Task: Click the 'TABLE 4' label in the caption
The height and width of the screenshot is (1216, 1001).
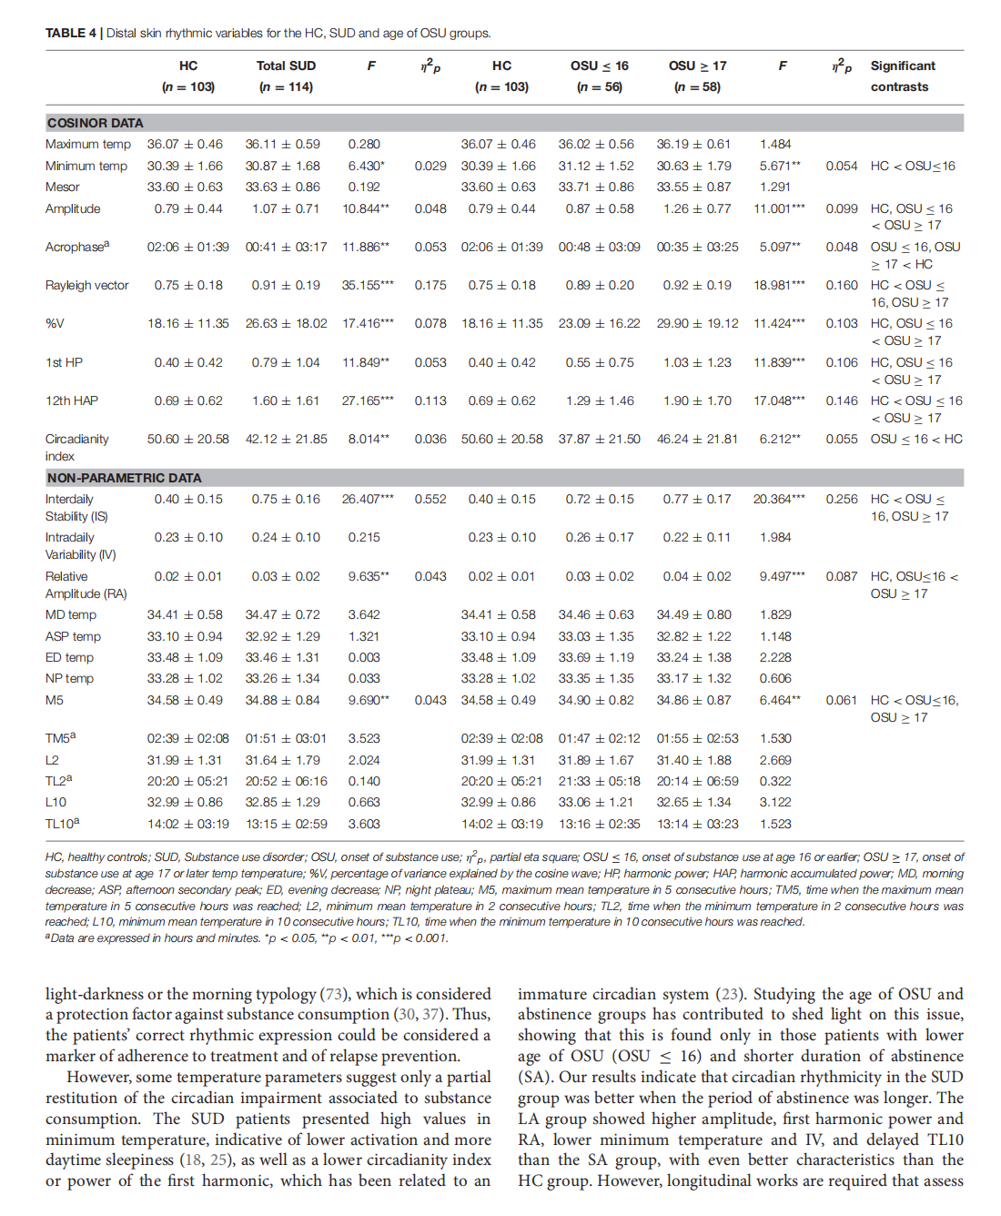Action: pyautogui.click(x=70, y=33)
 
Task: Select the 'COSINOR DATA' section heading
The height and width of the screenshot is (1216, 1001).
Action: pyautogui.click(x=96, y=123)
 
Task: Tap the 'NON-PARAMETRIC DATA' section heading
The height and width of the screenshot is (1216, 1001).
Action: pyautogui.click(x=125, y=478)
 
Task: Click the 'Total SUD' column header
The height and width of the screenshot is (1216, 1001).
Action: pyautogui.click(x=286, y=66)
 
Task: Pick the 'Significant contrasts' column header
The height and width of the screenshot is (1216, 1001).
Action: pyautogui.click(x=902, y=76)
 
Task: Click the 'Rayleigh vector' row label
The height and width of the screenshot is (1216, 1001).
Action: pyautogui.click(x=87, y=285)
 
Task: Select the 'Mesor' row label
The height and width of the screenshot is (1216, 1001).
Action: pyautogui.click(x=63, y=187)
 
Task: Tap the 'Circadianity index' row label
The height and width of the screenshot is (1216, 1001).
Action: pyautogui.click(x=77, y=447)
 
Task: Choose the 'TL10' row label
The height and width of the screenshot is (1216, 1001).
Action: pyautogui.click(x=62, y=824)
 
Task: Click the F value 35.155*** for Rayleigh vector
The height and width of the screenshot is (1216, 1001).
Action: pyautogui.click(x=368, y=285)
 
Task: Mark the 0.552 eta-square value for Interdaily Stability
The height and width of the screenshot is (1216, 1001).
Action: pyautogui.click(x=430, y=499)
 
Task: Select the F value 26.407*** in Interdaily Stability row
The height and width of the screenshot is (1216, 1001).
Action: pyautogui.click(x=368, y=499)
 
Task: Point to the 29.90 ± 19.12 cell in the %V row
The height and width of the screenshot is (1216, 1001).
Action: pyautogui.click(x=697, y=323)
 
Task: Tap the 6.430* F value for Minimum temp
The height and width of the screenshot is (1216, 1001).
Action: pyautogui.click(x=366, y=166)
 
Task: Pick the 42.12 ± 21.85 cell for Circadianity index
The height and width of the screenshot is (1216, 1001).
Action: pyautogui.click(x=286, y=439)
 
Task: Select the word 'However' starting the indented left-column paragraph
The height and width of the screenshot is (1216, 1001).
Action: pyautogui.click(x=99, y=1077)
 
